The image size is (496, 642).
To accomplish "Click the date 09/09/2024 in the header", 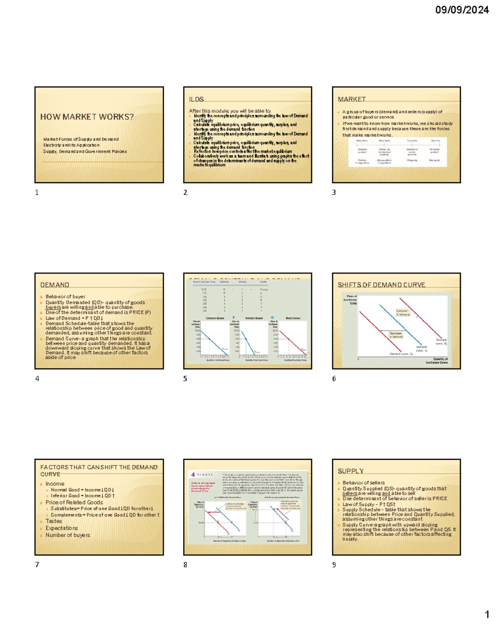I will click(x=462, y=10).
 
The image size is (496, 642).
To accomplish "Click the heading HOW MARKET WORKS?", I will click(x=87, y=117).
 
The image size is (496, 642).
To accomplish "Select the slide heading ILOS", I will click(x=196, y=99).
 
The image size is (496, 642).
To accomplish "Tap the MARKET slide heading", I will click(x=352, y=99).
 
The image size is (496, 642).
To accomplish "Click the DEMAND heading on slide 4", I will click(x=55, y=285).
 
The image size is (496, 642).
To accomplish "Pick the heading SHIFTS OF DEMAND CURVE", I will click(x=381, y=285).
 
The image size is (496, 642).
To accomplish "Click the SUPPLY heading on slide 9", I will click(x=351, y=471).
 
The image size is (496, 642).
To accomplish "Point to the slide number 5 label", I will click(x=185, y=378).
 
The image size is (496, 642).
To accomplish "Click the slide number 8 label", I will click(x=185, y=564).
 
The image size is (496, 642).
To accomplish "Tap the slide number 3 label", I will click(x=334, y=192).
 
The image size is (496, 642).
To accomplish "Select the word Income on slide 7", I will click(x=55, y=484).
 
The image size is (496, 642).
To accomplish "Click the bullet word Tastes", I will click(x=54, y=521).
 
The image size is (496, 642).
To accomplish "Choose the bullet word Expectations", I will click(x=62, y=528).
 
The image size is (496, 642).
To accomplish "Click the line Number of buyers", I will click(x=68, y=535).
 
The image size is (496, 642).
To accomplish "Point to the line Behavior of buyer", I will click(x=65, y=296).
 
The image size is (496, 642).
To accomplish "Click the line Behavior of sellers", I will click(x=363, y=482).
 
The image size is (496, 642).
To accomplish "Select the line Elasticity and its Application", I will click(x=71, y=145).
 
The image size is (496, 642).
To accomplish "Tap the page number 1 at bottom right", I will click(x=487, y=614).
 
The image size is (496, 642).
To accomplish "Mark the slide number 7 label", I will click(x=37, y=564).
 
